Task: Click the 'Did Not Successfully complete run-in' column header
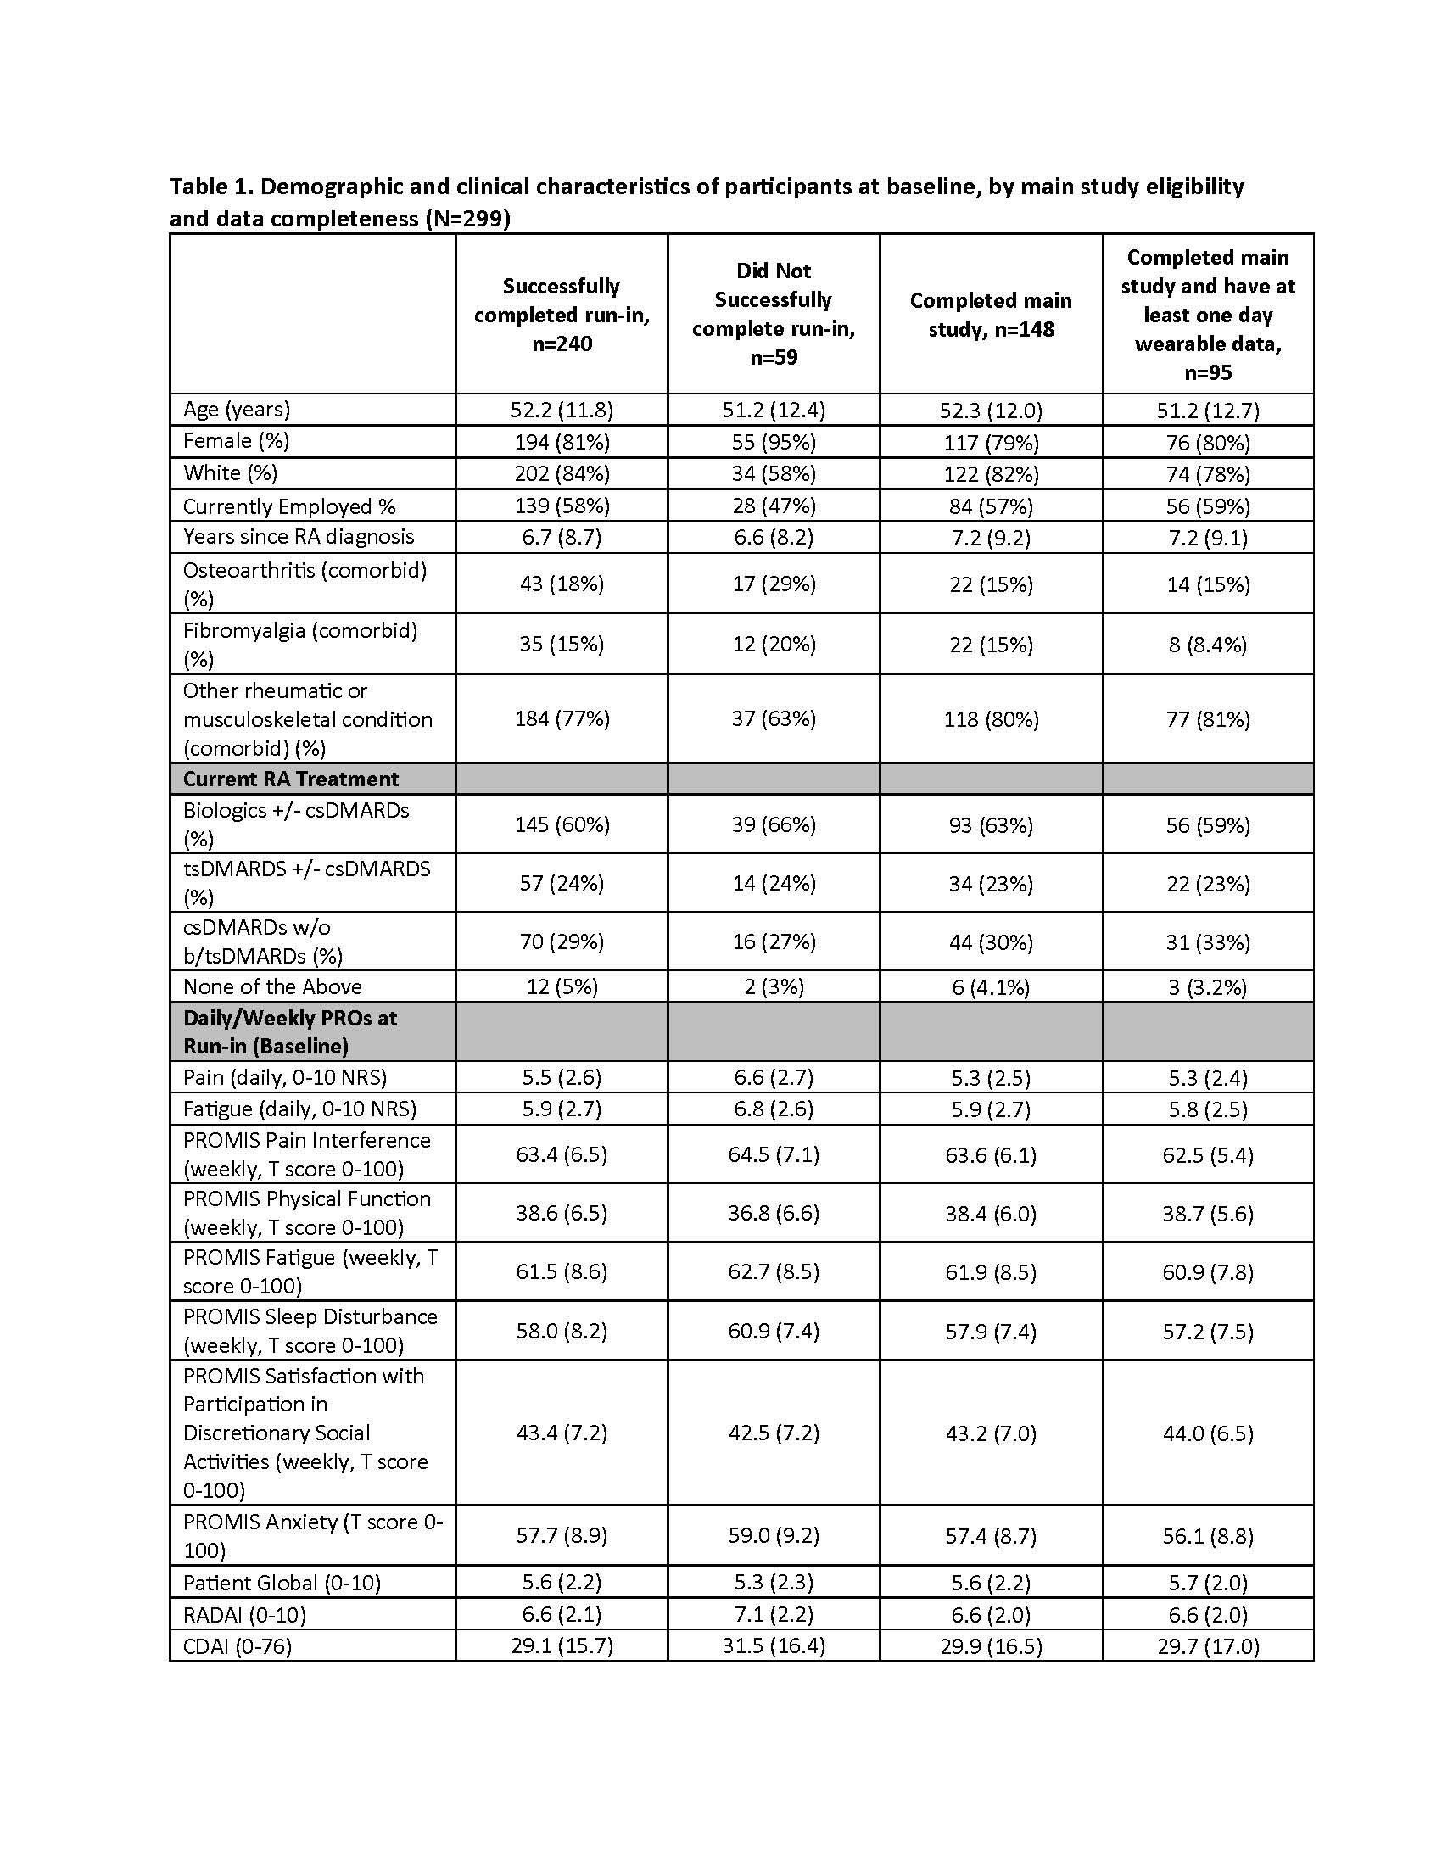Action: click(x=773, y=314)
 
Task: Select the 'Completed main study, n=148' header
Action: click(x=991, y=315)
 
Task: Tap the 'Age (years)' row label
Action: click(x=237, y=410)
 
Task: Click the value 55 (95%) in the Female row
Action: click(x=773, y=442)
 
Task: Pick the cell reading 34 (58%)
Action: click(x=773, y=473)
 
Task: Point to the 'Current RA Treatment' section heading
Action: click(x=290, y=779)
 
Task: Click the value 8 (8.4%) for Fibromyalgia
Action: click(x=1207, y=645)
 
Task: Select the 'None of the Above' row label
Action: click(x=272, y=986)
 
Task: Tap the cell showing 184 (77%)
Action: click(x=562, y=718)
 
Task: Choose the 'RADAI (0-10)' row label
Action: click(x=244, y=1615)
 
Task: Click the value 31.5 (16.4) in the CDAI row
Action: click(x=773, y=1645)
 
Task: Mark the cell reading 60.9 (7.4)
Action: click(x=773, y=1330)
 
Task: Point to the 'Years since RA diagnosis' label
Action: click(x=298, y=537)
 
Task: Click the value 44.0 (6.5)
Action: click(x=1207, y=1433)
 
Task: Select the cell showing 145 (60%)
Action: click(x=562, y=824)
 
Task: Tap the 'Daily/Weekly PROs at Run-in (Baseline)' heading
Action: click(x=290, y=1031)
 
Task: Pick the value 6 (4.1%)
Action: click(x=991, y=986)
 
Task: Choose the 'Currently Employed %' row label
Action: click(x=289, y=506)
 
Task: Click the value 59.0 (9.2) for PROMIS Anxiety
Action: click(x=773, y=1535)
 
